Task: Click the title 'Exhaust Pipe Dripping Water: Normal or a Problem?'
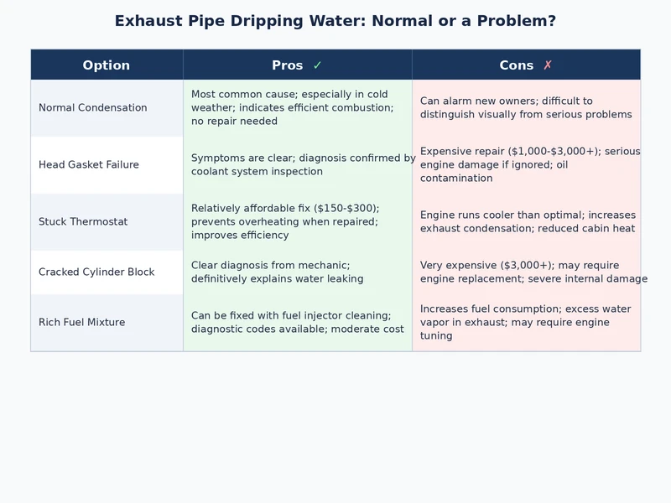335,21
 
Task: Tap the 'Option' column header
107,65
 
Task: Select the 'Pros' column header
288,65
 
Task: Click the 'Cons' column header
516,65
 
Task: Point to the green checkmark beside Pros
317,65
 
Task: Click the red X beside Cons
548,65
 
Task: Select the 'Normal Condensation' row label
92,108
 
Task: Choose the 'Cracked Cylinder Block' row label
96,272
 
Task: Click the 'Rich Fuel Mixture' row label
81,323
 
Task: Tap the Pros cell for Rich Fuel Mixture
297,323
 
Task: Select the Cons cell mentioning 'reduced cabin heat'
528,222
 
